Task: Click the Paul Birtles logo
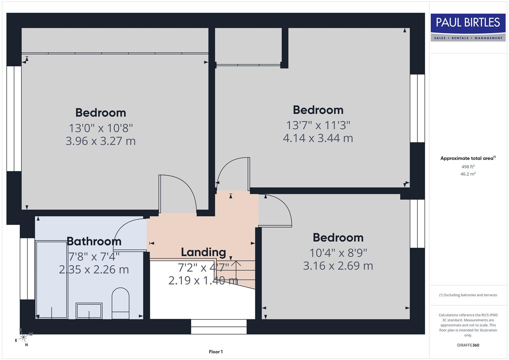coord(468,27)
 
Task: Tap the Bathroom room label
coord(94,241)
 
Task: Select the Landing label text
coord(203,252)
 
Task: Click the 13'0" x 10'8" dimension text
coord(101,128)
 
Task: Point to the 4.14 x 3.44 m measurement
coord(318,138)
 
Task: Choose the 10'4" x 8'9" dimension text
coord(338,253)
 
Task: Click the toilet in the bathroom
coord(120,303)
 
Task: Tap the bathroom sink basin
coord(89,311)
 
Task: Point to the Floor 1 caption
coord(216,352)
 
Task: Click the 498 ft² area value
coord(468,167)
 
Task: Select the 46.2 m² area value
coord(468,174)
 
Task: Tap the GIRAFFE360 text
coord(468,345)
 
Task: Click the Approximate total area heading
coord(468,158)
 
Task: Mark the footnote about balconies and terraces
coord(468,295)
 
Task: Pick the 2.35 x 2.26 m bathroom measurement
coord(94,269)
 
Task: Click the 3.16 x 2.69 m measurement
coord(338,266)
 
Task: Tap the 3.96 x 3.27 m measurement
coord(101,141)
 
